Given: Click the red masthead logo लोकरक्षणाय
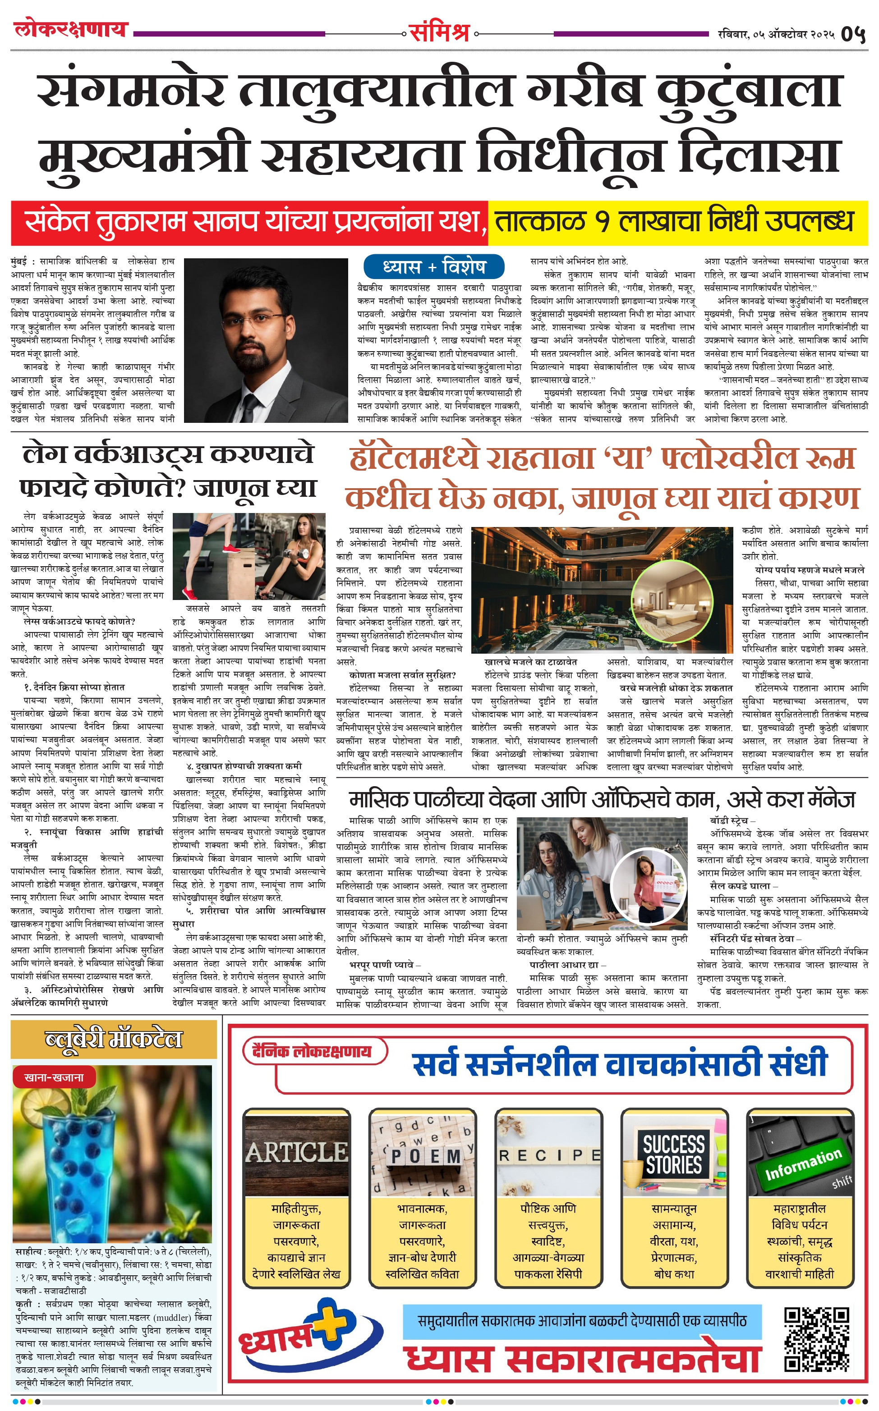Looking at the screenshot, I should [70, 28].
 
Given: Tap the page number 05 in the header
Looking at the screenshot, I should [853, 34].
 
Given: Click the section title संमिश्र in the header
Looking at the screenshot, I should [439, 32].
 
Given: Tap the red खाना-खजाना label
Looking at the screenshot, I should [54, 1077].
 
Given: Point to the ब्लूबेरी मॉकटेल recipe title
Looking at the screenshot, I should [114, 1039].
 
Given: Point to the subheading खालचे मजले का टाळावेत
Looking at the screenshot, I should [530, 662].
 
